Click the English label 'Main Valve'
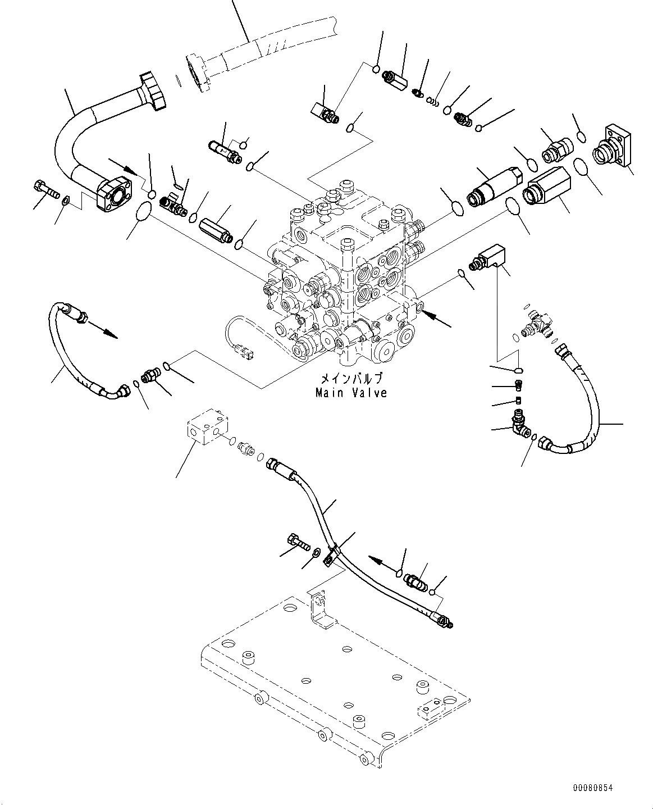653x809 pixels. point(351,393)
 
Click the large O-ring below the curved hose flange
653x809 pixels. point(144,212)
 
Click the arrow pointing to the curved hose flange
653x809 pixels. point(125,166)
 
